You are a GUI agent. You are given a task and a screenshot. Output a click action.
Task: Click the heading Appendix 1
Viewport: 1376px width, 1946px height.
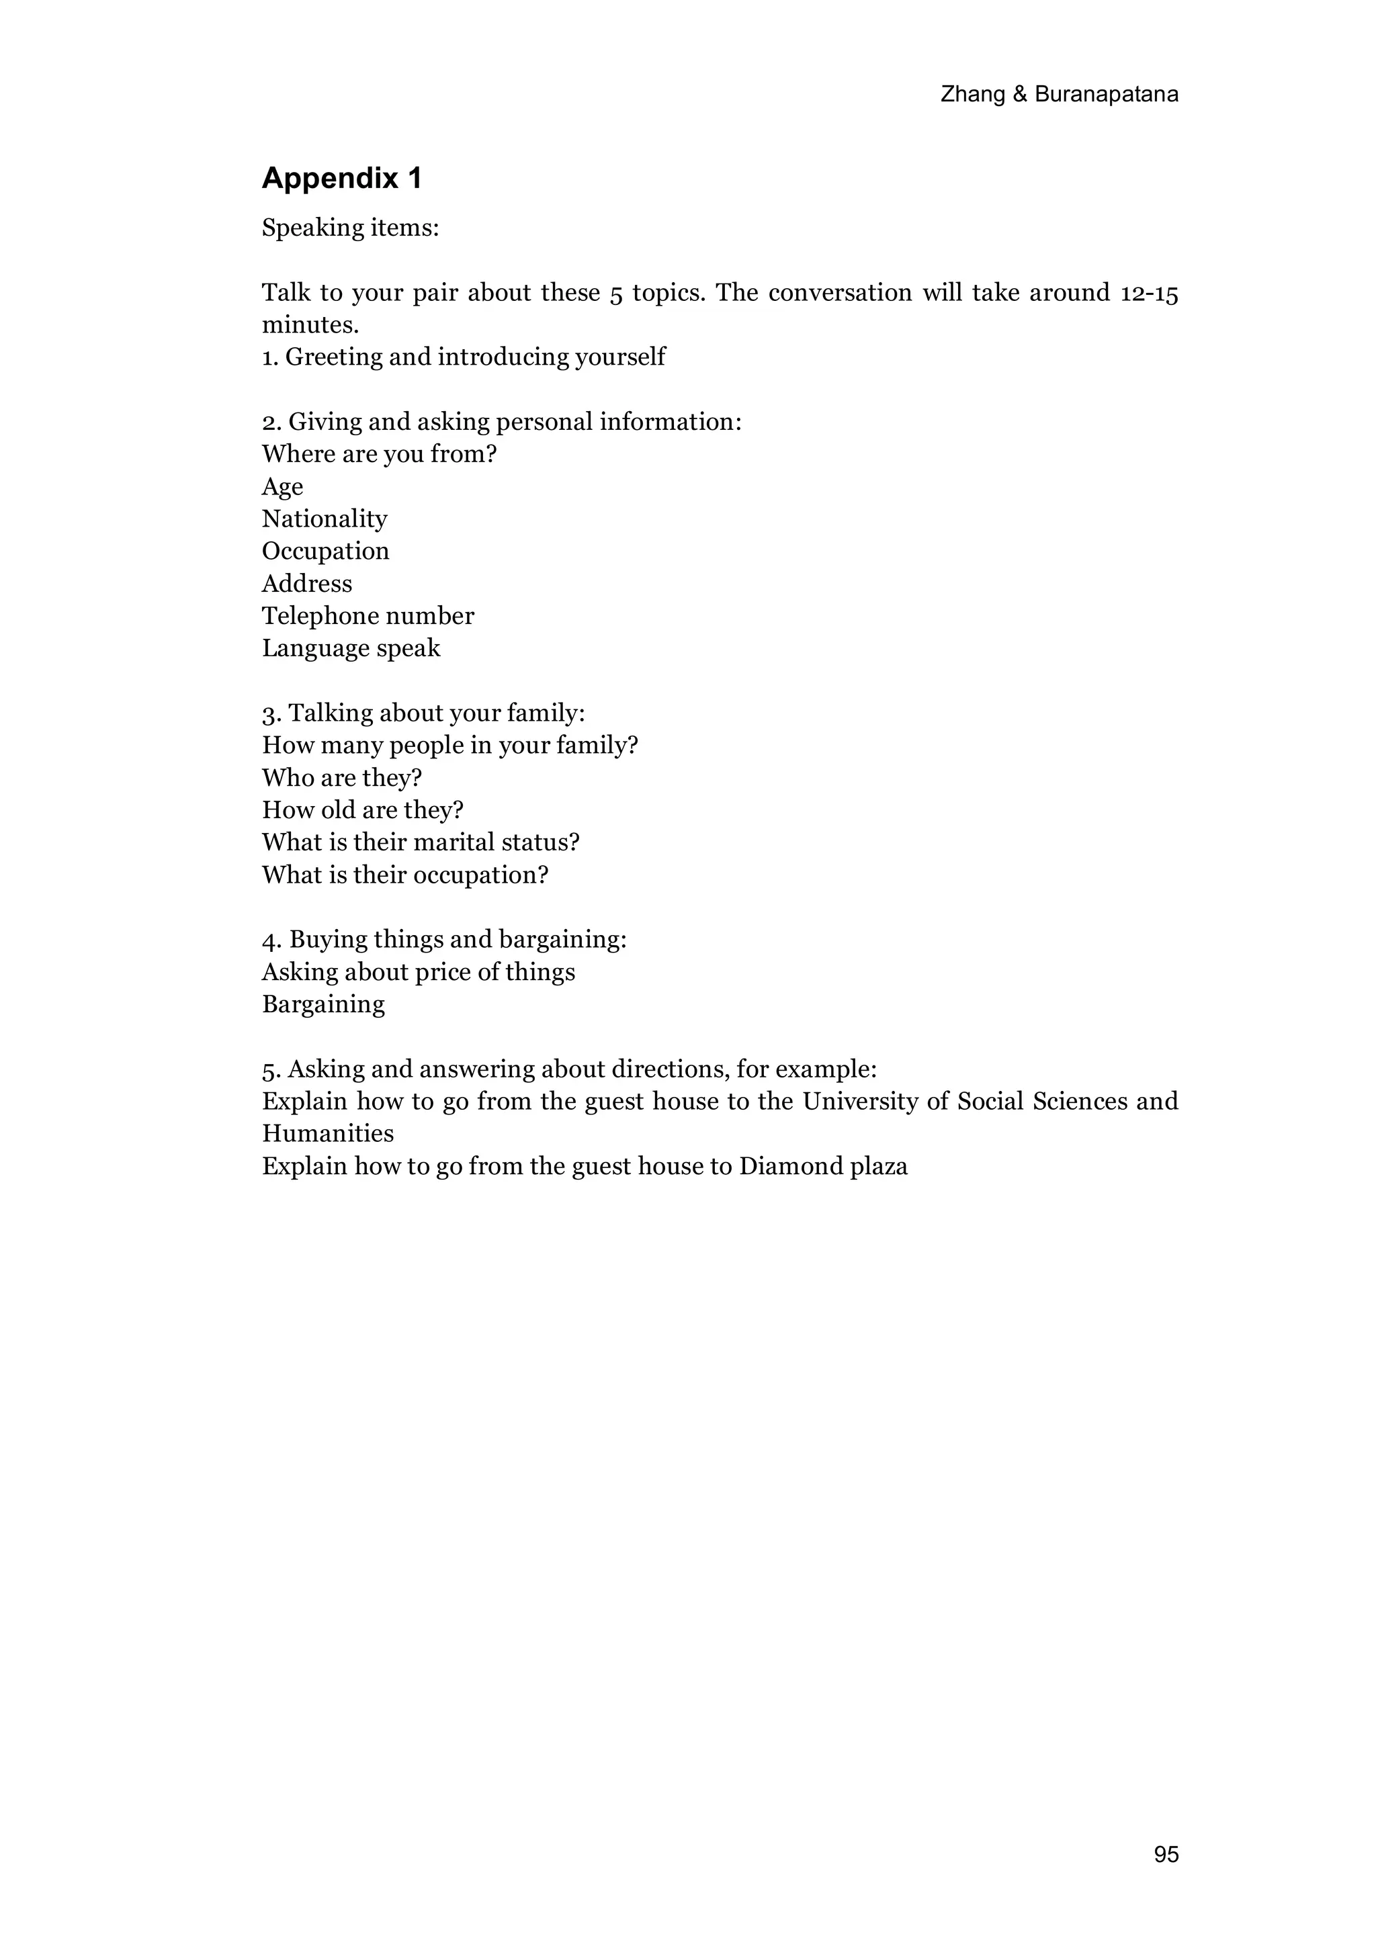point(342,178)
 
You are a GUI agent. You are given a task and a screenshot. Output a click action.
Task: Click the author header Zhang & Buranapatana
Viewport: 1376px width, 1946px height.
point(1059,94)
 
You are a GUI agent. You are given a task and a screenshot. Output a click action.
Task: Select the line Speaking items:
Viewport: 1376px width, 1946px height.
point(350,228)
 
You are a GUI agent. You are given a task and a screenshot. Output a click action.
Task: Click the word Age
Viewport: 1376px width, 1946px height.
point(282,486)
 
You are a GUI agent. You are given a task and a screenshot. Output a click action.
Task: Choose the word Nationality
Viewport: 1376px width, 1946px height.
point(325,519)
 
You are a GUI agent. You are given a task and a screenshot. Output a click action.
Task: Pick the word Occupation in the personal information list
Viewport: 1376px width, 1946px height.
point(326,551)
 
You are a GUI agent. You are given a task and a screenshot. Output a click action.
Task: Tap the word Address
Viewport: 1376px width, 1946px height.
point(307,584)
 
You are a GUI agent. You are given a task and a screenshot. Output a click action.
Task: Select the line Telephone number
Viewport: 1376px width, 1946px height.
point(368,616)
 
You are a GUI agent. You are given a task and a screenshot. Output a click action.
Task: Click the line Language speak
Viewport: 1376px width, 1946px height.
point(351,648)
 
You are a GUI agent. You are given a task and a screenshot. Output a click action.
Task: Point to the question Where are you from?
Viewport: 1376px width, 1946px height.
point(379,454)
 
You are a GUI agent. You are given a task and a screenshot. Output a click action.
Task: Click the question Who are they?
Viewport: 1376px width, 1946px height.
point(342,778)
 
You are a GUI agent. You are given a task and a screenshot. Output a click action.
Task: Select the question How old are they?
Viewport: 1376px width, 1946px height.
point(363,810)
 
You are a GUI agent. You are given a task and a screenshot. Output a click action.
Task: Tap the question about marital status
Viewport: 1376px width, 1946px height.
point(421,842)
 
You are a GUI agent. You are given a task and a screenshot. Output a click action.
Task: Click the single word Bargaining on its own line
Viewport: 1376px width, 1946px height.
point(323,1004)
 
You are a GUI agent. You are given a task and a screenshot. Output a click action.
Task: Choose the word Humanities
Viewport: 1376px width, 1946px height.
point(328,1134)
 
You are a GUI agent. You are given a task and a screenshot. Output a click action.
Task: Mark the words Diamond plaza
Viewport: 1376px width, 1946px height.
point(823,1166)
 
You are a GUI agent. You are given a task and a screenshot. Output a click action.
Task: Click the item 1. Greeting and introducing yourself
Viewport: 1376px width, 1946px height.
point(464,357)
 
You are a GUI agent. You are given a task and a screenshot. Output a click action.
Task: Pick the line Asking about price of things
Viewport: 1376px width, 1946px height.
point(418,972)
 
